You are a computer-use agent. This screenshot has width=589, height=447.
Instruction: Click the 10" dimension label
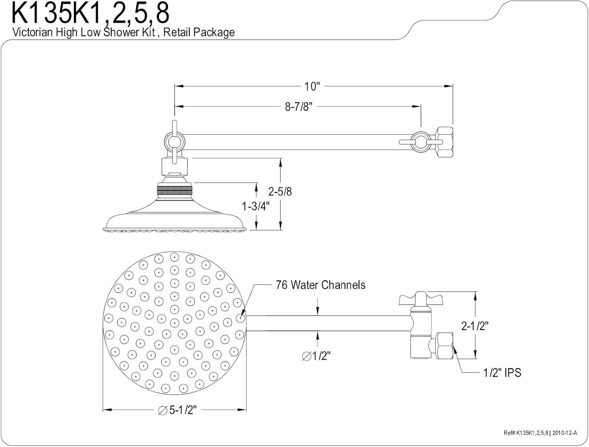[x=312, y=86]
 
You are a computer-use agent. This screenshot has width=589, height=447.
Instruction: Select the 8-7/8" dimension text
[x=299, y=107]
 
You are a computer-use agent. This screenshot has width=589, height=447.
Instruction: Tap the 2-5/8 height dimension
[x=280, y=192]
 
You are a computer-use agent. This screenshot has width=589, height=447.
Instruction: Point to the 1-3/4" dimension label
[x=256, y=206]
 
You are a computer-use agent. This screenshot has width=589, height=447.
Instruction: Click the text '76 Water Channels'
[x=321, y=285]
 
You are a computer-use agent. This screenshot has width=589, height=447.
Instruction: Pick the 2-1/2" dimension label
[x=475, y=326]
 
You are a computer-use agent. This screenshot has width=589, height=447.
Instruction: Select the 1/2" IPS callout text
[x=502, y=373]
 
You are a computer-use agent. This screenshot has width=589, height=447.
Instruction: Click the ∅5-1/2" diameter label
[x=177, y=410]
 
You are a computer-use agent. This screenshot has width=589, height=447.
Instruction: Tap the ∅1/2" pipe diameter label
[x=316, y=356]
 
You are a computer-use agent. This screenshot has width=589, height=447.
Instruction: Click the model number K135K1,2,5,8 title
[x=91, y=13]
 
